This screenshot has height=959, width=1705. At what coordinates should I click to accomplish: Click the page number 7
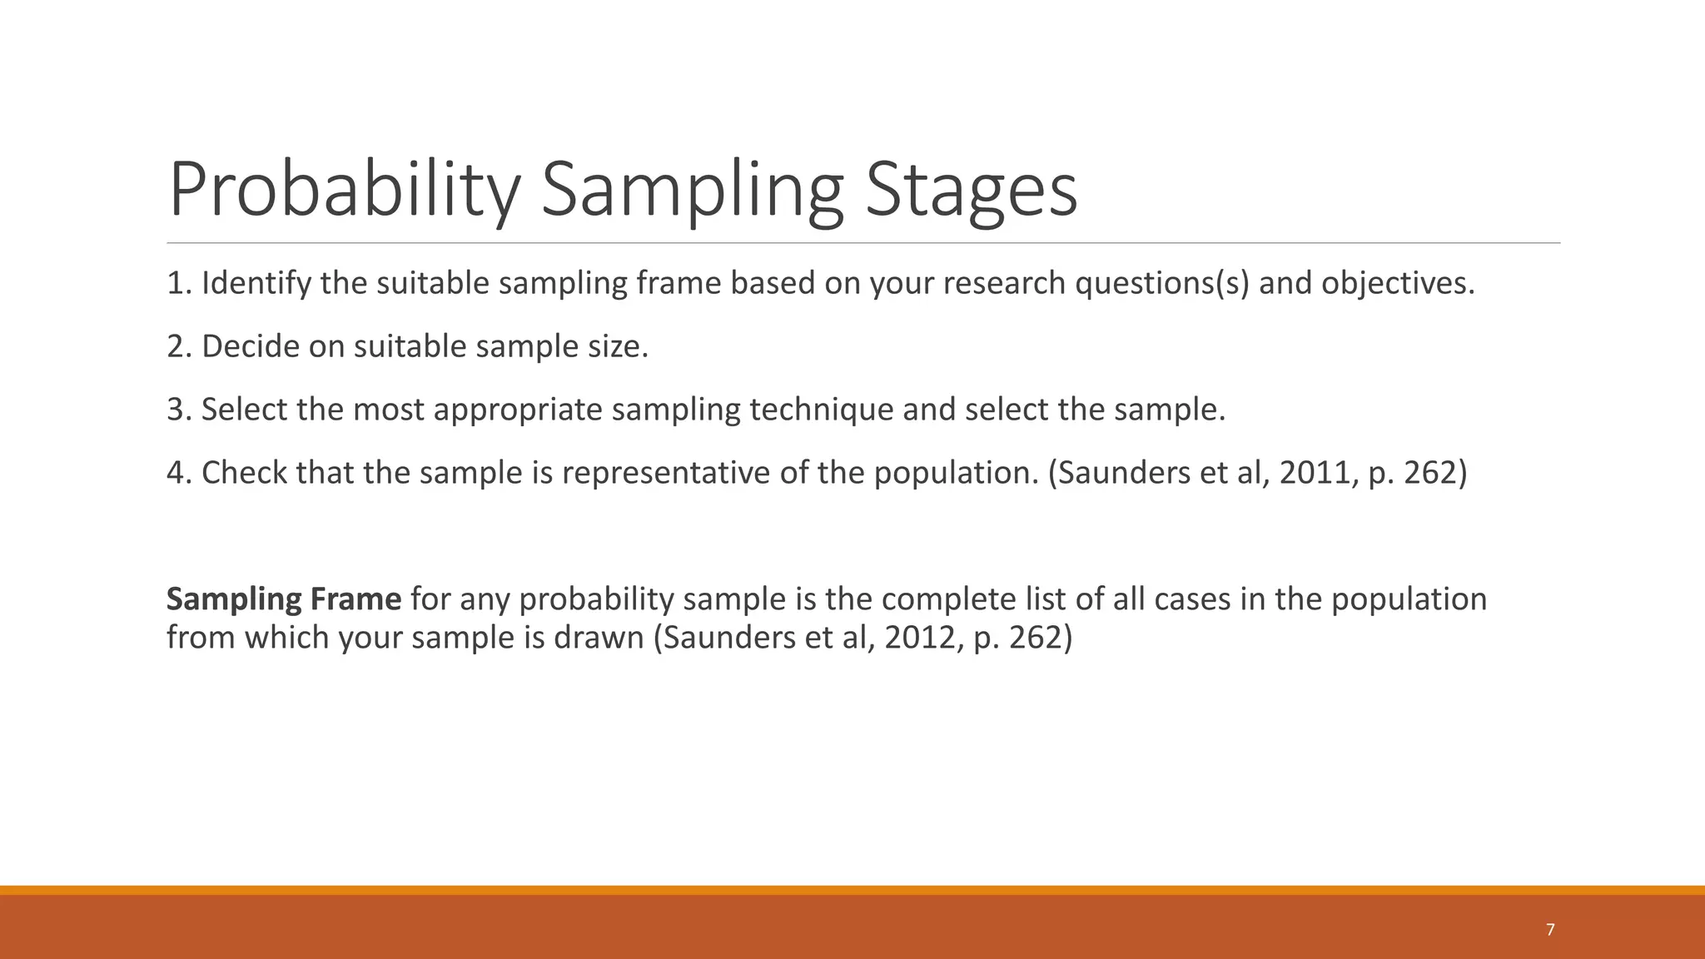pos(1549,930)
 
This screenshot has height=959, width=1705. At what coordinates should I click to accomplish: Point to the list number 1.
pos(174,284)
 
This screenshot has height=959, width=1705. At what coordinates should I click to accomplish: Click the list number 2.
pos(175,347)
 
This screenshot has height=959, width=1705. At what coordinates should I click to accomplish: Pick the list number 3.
pos(175,410)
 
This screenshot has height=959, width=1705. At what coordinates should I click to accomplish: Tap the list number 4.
pos(175,474)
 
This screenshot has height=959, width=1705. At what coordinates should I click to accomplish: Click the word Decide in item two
pos(250,347)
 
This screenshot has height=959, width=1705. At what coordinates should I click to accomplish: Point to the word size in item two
pos(617,347)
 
